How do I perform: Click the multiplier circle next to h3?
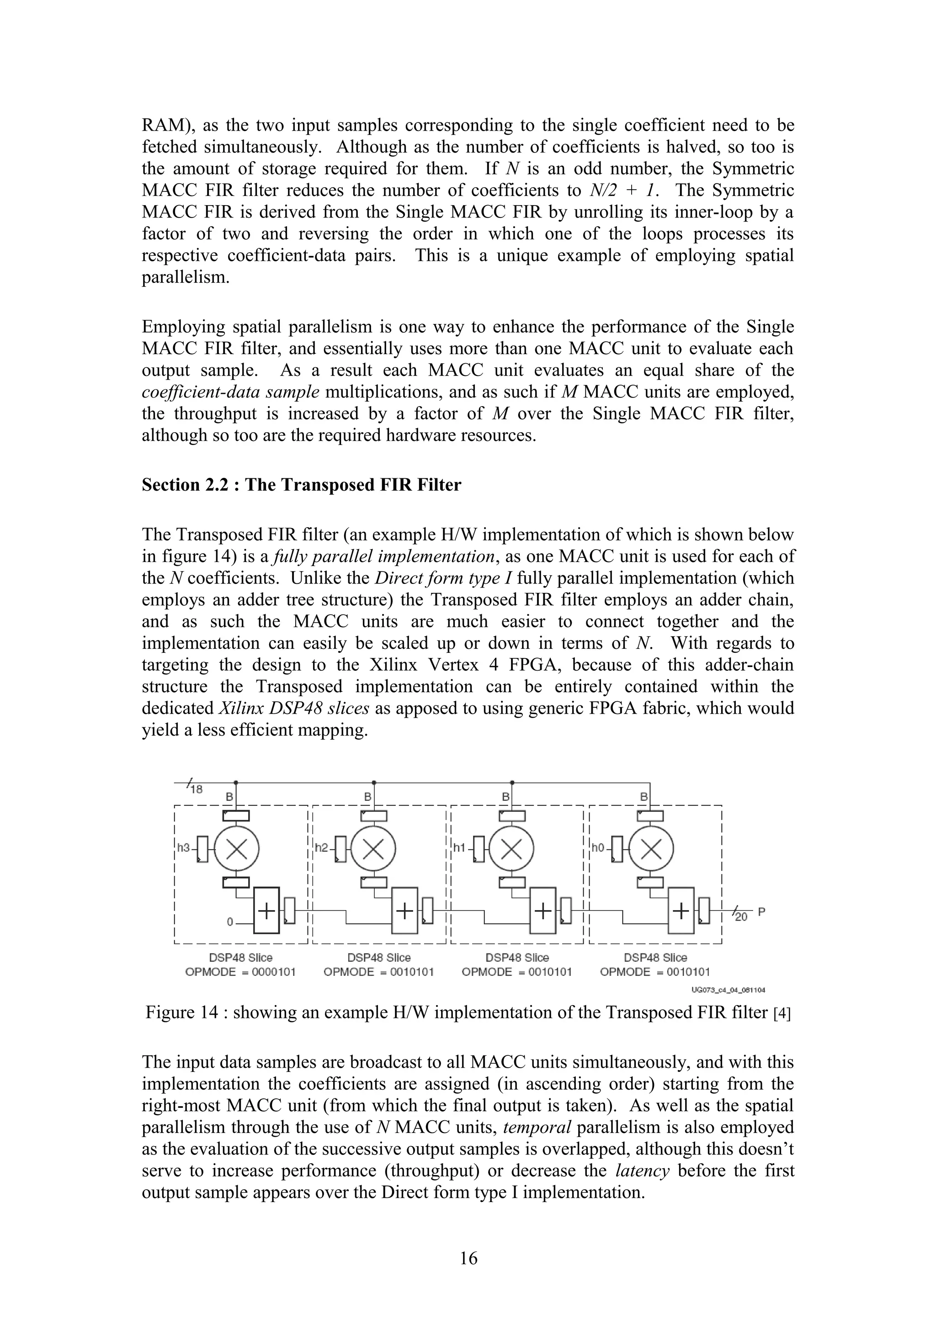pos(236,848)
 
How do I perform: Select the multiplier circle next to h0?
pos(651,848)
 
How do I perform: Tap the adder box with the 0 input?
pos(266,911)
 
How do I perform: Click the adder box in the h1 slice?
pos(542,911)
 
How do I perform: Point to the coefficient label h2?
pos(321,847)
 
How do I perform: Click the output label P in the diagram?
pos(761,912)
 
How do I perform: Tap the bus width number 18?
pos(196,789)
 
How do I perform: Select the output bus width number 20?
pos(741,917)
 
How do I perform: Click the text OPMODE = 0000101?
pos(240,972)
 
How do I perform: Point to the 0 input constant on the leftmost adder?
pos(229,922)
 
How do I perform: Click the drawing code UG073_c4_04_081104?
pos(729,990)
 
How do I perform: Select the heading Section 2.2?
pos(301,485)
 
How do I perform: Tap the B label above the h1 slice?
pos(506,797)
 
